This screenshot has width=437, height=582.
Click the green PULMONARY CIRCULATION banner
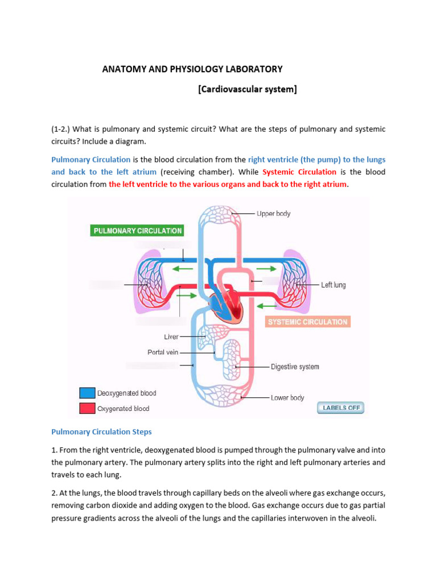tap(138, 231)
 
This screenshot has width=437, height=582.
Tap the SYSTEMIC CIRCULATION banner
tap(308, 322)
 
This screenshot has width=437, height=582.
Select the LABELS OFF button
tap(340, 408)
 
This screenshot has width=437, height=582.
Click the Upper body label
tap(273, 214)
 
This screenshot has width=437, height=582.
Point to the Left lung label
tap(333, 285)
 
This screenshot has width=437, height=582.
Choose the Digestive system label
tap(295, 367)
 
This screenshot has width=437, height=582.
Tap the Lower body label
tap(287, 398)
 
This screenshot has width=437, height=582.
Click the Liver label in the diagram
tap(171, 336)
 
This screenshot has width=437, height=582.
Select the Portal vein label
tap(163, 352)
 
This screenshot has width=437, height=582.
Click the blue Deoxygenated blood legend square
tap(87, 393)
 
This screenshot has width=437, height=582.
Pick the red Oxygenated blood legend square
tap(87, 408)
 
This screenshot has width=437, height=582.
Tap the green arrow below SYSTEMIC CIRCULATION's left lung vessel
tap(266, 306)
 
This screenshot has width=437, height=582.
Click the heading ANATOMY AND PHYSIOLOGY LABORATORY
tap(192, 69)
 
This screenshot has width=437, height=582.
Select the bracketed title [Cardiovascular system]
tap(248, 89)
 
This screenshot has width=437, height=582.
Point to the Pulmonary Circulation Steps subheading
tap(102, 432)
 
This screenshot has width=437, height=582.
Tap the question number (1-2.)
tap(63, 130)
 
